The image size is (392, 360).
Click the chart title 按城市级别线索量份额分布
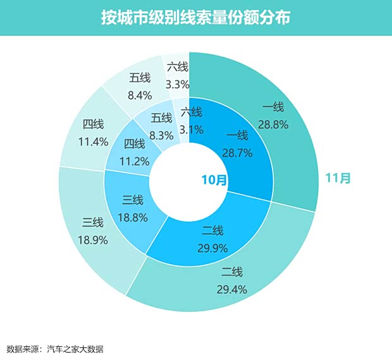click(x=195, y=17)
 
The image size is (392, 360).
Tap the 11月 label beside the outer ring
click(x=338, y=178)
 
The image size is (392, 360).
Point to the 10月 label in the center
click(x=214, y=180)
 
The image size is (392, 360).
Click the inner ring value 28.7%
click(x=237, y=152)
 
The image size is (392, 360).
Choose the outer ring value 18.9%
click(x=93, y=239)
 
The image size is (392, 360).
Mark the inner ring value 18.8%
click(x=133, y=217)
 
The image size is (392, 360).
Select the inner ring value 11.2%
click(x=134, y=160)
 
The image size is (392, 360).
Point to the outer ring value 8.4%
click(x=140, y=95)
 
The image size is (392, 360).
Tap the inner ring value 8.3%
click(x=162, y=134)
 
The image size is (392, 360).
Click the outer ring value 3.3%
click(x=177, y=83)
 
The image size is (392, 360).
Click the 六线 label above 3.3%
click(x=177, y=66)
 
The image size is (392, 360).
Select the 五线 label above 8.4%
click(x=140, y=78)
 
